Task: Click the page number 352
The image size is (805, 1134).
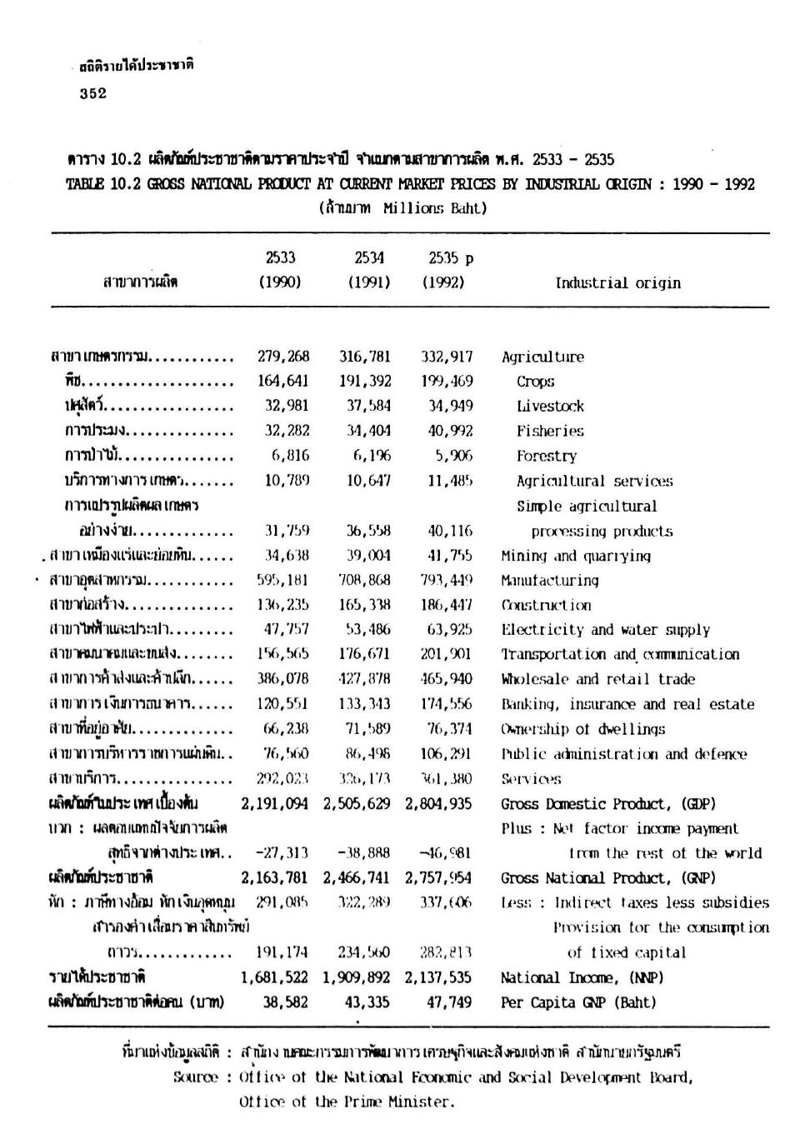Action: tap(93, 94)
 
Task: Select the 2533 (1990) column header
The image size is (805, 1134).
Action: tap(280, 270)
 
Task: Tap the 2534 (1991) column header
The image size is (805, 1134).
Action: tap(369, 270)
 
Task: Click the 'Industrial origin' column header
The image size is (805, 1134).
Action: tap(617, 282)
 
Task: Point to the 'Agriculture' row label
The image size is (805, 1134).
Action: tap(542, 357)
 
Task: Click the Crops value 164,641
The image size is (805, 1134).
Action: tap(283, 382)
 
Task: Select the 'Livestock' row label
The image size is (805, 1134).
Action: tap(550, 407)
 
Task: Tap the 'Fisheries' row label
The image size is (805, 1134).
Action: tap(550, 432)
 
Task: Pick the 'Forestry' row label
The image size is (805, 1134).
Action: tap(546, 456)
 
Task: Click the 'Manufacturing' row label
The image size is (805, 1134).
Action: tap(549, 580)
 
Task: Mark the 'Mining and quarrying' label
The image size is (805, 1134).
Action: tap(576, 556)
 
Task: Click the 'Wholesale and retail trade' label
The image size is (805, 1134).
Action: tap(597, 679)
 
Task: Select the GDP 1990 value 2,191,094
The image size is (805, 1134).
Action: tap(275, 804)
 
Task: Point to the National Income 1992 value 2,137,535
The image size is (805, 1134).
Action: tap(438, 977)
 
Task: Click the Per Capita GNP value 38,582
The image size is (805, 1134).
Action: tap(286, 1002)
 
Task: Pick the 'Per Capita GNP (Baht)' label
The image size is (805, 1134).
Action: tap(578, 1002)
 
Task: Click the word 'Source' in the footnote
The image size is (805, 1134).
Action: tap(196, 1077)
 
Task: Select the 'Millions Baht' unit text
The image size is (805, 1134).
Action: tap(434, 207)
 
